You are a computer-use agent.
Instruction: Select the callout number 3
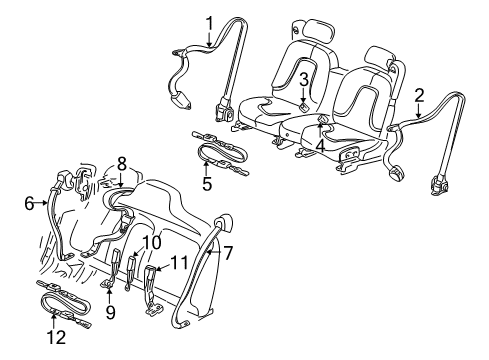pyautogui.click(x=302, y=79)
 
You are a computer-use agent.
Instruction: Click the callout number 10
pyautogui.click(x=150, y=243)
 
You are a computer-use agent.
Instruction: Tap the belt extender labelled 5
pyautogui.click(x=222, y=151)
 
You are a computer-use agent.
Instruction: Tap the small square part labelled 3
pyautogui.click(x=302, y=103)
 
